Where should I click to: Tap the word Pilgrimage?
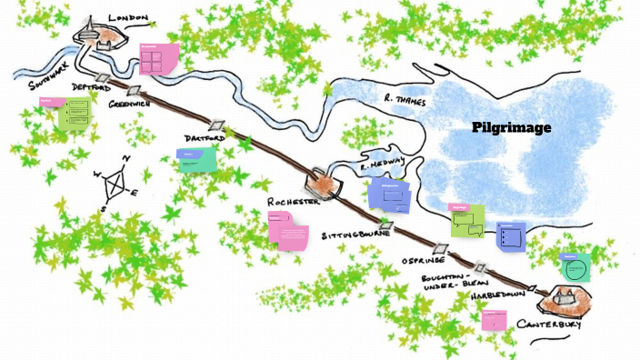pyautogui.click(x=512, y=128)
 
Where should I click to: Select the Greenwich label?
pyautogui.click(x=131, y=105)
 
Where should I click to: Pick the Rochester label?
pyautogui.click(x=294, y=202)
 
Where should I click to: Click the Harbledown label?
pyautogui.click(x=505, y=296)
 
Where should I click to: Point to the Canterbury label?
pyautogui.click(x=548, y=325)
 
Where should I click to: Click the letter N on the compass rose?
pyautogui.click(x=126, y=158)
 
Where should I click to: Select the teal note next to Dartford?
pyautogui.click(x=197, y=161)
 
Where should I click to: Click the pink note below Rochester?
pyautogui.click(x=287, y=230)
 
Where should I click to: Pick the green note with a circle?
pyautogui.click(x=575, y=267)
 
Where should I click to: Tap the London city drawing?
pyautogui.click(x=102, y=34)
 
